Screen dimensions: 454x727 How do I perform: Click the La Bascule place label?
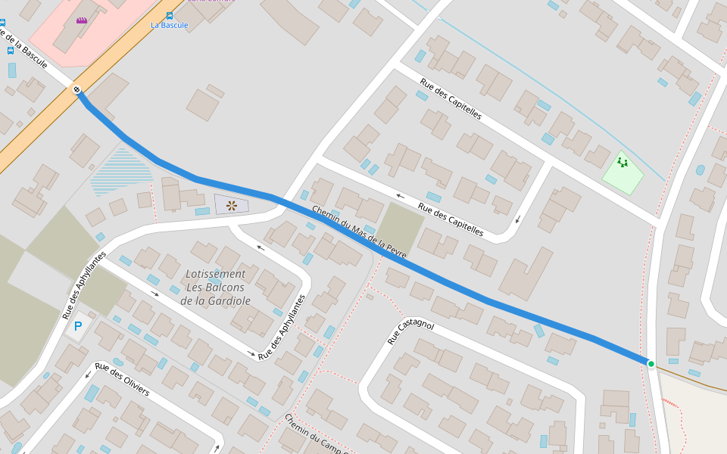tap(169, 25)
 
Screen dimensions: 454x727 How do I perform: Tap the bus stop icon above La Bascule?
tap(169, 14)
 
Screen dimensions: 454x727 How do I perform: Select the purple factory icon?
tap(81, 20)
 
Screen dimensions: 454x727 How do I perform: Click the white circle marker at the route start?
tap(76, 90)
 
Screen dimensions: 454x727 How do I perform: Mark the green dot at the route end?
tap(651, 364)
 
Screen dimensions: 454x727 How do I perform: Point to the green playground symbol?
tap(622, 162)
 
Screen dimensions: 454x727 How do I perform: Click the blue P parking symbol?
tap(77, 327)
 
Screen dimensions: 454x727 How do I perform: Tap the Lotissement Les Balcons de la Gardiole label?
tap(215, 287)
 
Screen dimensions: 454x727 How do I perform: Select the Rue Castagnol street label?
tap(410, 332)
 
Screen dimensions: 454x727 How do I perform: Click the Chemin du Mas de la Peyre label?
tap(359, 232)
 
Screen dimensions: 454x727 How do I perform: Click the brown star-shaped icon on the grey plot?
tap(232, 205)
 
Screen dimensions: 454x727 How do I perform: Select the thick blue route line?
tap(485, 296)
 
